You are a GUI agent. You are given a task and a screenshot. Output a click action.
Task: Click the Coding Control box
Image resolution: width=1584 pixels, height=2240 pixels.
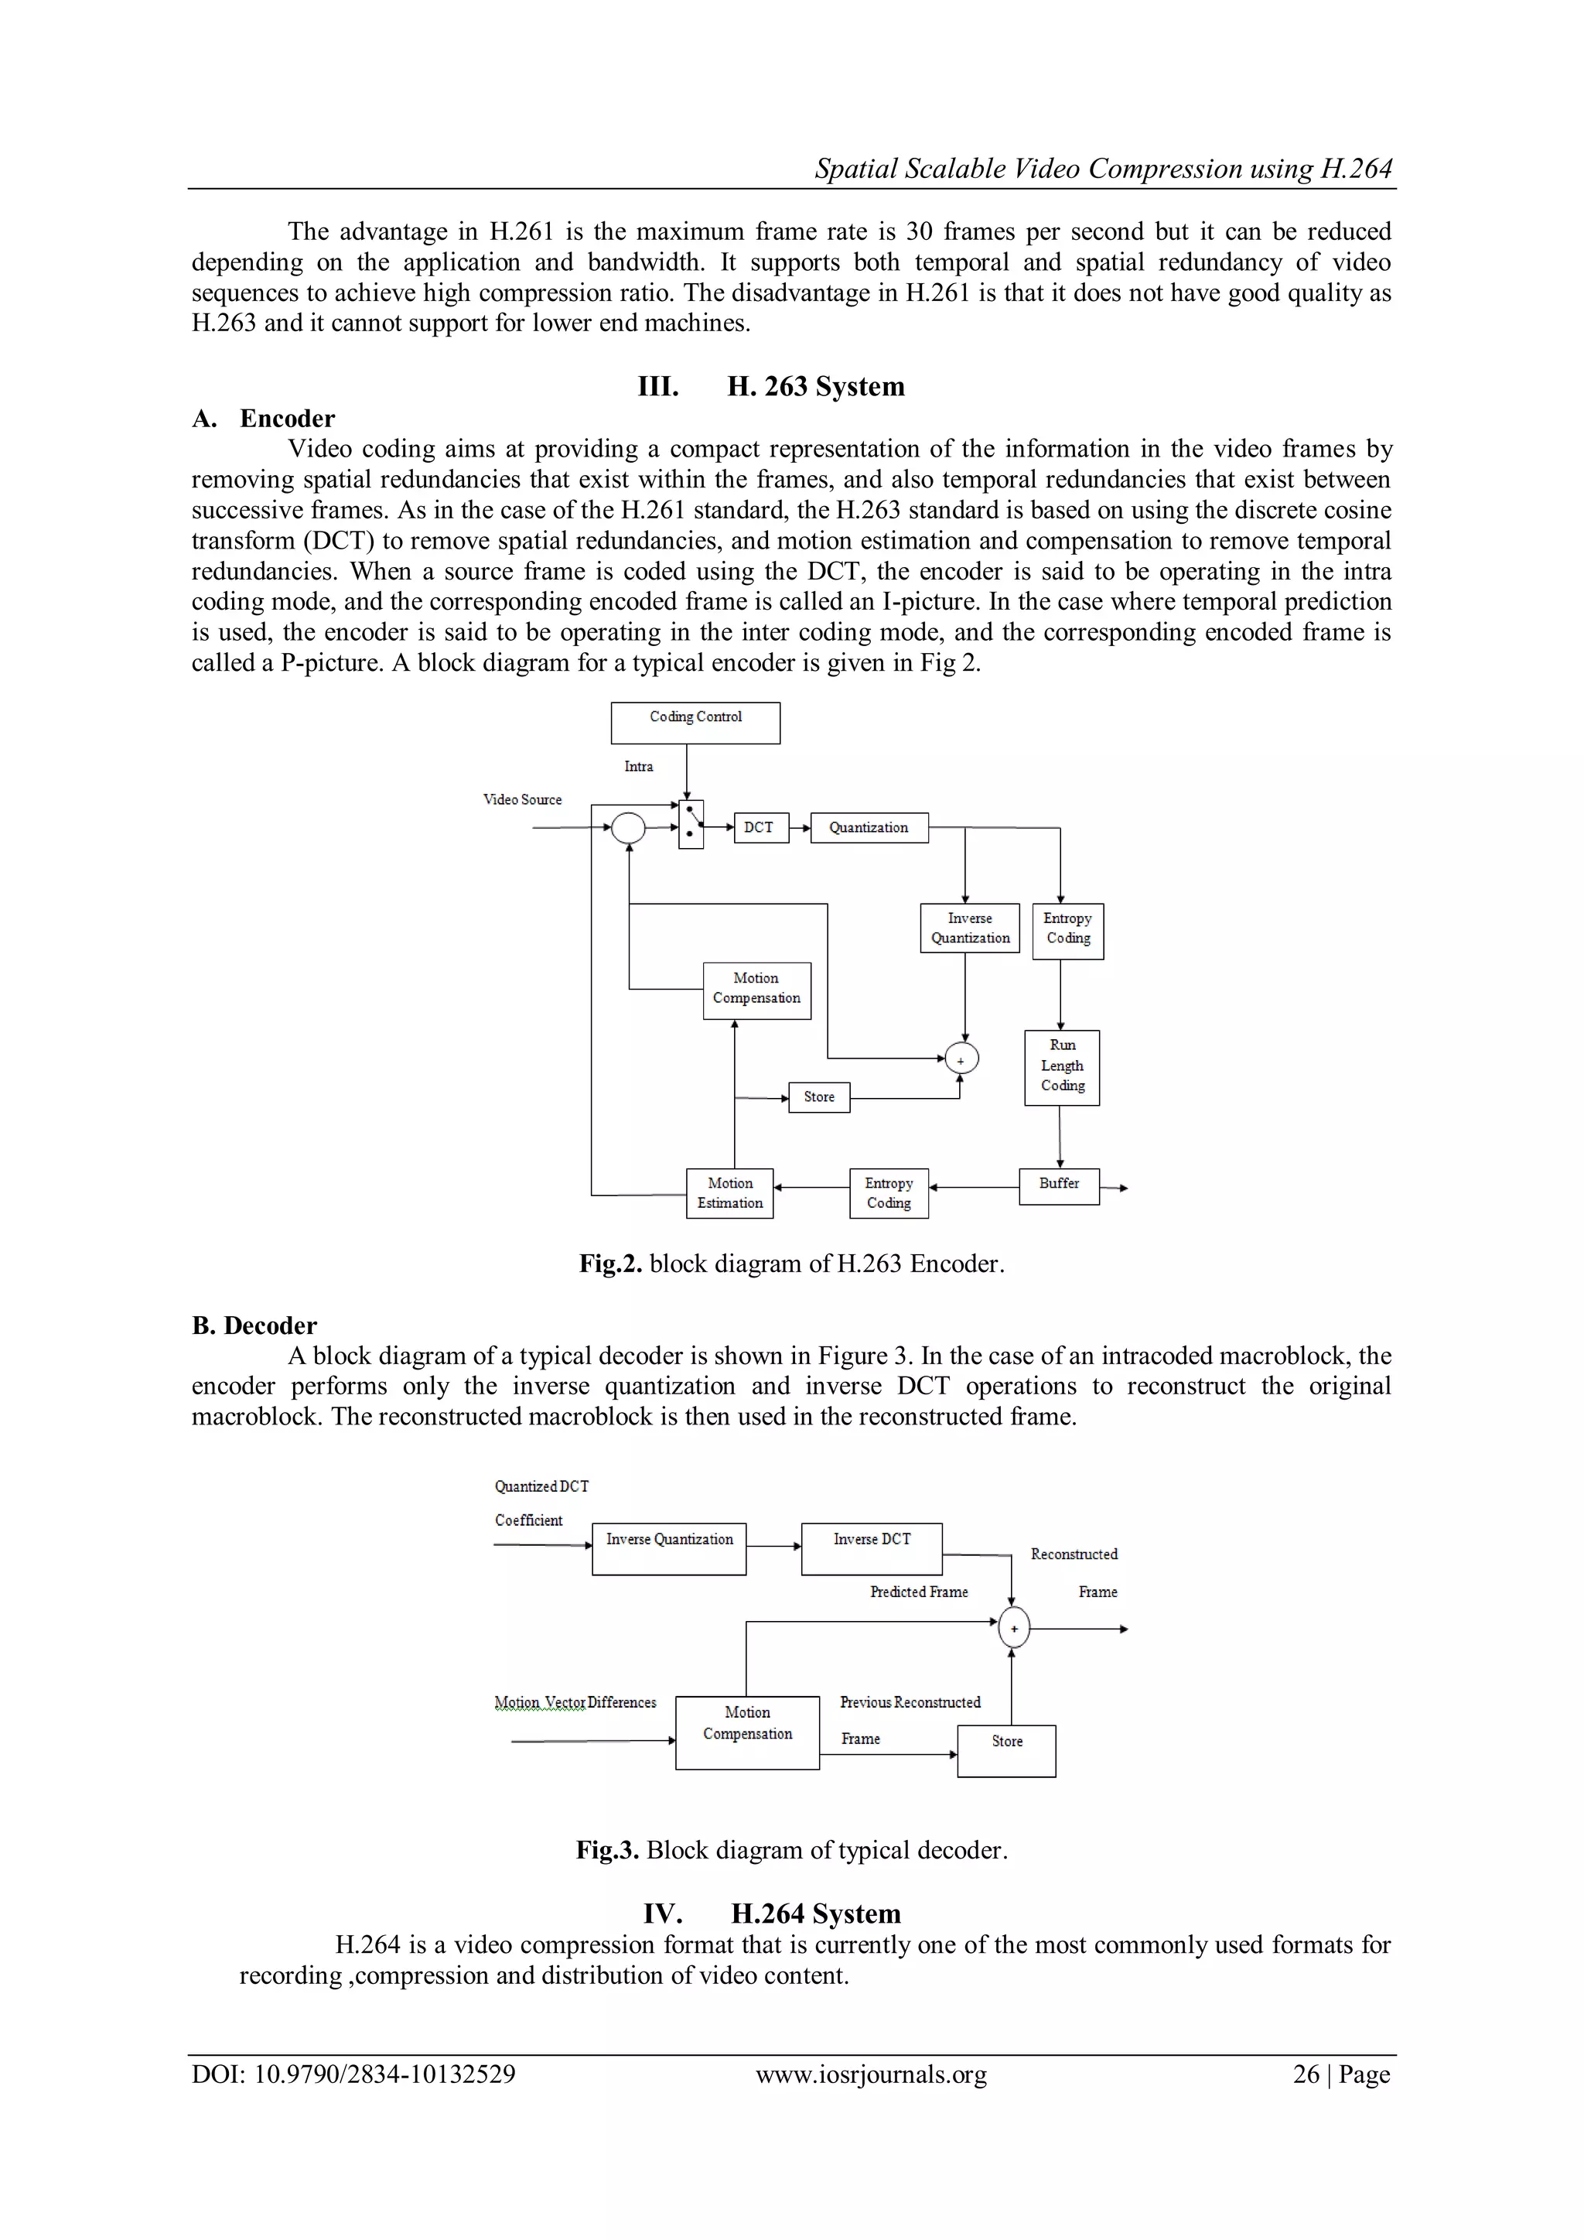pos(695,723)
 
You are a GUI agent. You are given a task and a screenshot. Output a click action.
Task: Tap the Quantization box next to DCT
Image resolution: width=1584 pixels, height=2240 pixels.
pos(869,827)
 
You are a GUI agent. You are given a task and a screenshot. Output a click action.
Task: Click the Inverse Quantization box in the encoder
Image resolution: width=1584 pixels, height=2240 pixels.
pos(970,928)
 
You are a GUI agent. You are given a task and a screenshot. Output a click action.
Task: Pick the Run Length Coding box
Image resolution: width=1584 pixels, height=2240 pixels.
pos(1062,1066)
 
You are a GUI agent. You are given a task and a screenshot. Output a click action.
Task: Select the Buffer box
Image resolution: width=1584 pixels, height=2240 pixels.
pos(1060,1185)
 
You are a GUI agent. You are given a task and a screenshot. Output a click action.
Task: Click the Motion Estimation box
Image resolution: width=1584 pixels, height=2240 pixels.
pos(729,1193)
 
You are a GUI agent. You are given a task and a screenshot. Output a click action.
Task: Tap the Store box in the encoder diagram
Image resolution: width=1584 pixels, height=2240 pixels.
pos(819,1096)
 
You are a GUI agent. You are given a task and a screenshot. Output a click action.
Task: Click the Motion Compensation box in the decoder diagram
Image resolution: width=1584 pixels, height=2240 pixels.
pos(747,1732)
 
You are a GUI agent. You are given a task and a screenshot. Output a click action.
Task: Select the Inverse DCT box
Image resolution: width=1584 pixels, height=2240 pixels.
pos(872,1548)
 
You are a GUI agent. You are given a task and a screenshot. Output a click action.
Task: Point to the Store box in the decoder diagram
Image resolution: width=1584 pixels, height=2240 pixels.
pos(1006,1750)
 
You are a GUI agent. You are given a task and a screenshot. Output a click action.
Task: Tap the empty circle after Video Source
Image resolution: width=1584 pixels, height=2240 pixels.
pos(628,827)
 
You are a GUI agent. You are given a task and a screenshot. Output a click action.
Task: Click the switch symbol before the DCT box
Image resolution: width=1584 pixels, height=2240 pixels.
pos(691,824)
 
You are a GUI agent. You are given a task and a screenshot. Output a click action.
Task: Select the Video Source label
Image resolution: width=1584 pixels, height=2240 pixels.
pos(523,799)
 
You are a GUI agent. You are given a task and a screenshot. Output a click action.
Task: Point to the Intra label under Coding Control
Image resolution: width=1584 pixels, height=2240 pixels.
pos(639,766)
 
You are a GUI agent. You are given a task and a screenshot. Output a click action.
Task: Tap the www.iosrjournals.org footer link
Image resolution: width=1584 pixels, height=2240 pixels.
pos(871,2074)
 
